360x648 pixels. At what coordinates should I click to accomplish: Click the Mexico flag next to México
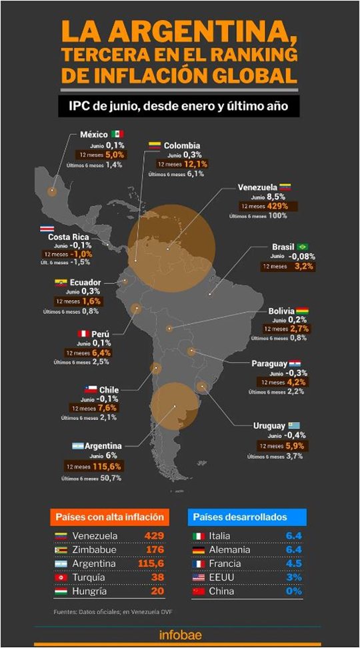coord(117,134)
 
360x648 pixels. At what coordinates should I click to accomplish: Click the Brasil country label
coord(283,246)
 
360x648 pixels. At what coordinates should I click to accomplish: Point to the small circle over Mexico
coord(51,191)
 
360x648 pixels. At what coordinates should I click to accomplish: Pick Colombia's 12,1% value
coord(196,164)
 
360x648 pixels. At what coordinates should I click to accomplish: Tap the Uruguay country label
coord(269,425)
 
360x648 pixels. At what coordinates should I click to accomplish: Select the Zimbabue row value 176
coord(154,549)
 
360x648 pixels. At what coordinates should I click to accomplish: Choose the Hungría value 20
coord(157,591)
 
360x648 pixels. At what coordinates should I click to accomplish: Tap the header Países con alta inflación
coord(109,517)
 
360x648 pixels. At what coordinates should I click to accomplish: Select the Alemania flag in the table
coord(198,549)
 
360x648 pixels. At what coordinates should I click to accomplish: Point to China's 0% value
coord(294,591)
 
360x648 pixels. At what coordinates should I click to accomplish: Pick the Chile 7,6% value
coord(107,408)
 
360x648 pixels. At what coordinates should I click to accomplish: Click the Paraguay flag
coord(295,363)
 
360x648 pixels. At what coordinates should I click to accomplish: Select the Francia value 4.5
coord(295,563)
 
